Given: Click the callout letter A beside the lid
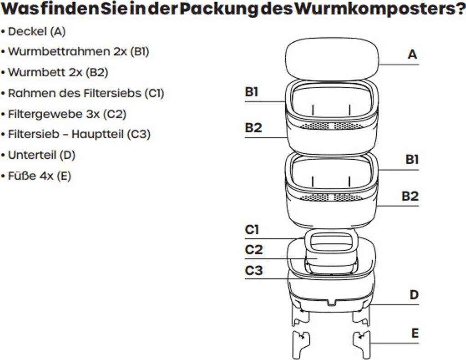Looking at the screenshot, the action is click(x=412, y=55).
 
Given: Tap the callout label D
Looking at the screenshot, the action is click(x=414, y=295).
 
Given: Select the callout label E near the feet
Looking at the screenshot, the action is click(x=415, y=333).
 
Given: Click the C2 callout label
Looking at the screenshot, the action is click(x=253, y=250).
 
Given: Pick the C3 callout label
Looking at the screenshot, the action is click(x=253, y=271).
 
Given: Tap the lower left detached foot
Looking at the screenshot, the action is click(x=300, y=345).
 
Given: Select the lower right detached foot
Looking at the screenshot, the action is click(x=363, y=344).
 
